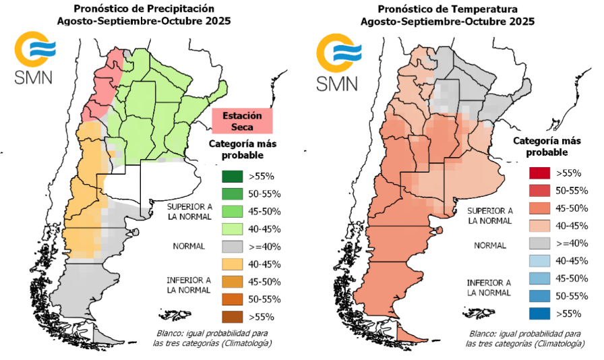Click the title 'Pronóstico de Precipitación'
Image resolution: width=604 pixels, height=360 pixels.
[145, 9]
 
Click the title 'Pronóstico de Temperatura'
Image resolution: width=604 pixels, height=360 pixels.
[448, 9]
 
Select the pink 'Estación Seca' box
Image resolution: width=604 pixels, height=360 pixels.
[242, 121]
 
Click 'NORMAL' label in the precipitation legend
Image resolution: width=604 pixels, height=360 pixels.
[188, 247]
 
